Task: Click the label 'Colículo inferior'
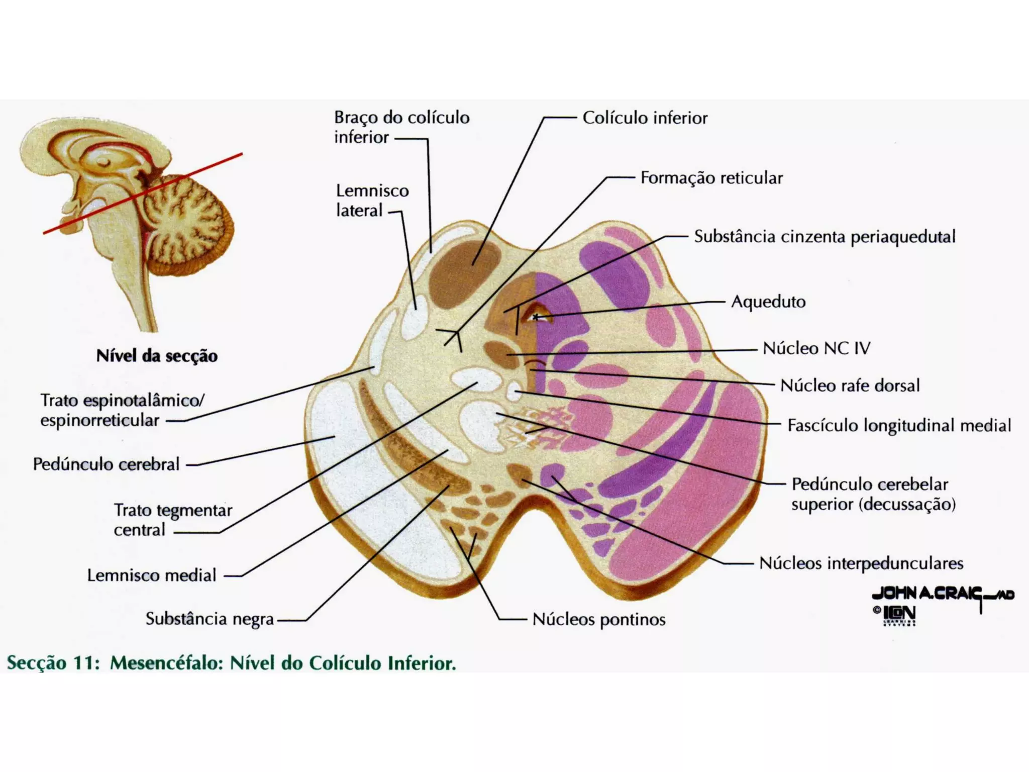coord(645,118)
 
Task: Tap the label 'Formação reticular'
coord(711,178)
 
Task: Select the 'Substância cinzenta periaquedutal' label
coord(825,237)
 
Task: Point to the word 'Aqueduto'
coord(768,302)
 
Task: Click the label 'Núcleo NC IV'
coord(816,348)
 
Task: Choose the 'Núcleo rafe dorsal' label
coord(850,385)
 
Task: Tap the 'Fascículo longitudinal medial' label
coord(899,426)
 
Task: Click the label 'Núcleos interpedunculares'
coord(861,563)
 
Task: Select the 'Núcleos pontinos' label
coord(599,619)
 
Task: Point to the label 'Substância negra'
coord(210,619)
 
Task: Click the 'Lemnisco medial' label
coord(152,575)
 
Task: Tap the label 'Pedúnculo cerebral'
coord(106,464)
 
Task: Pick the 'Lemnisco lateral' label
coord(372,201)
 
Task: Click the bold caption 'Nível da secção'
coord(157,356)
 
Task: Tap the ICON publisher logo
coord(899,614)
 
